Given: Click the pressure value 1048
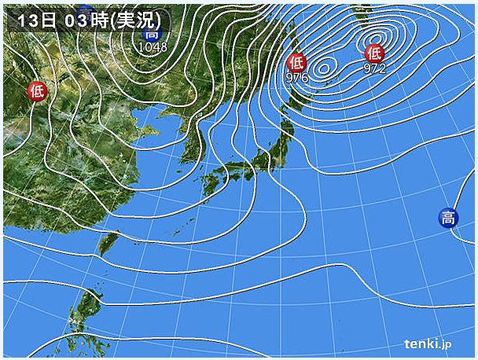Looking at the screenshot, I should pos(153,47).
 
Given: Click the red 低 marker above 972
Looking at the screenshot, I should pos(374,53).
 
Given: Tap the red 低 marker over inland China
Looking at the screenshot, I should pos(36,91).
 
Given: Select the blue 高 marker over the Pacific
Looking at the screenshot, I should pos(447,219).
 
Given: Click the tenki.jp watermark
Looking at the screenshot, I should pos(428,343).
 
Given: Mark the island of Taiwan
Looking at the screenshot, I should pos(103,244).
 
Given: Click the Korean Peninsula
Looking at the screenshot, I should pos(193,141).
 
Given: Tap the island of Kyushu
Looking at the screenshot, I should pos(210,185).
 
